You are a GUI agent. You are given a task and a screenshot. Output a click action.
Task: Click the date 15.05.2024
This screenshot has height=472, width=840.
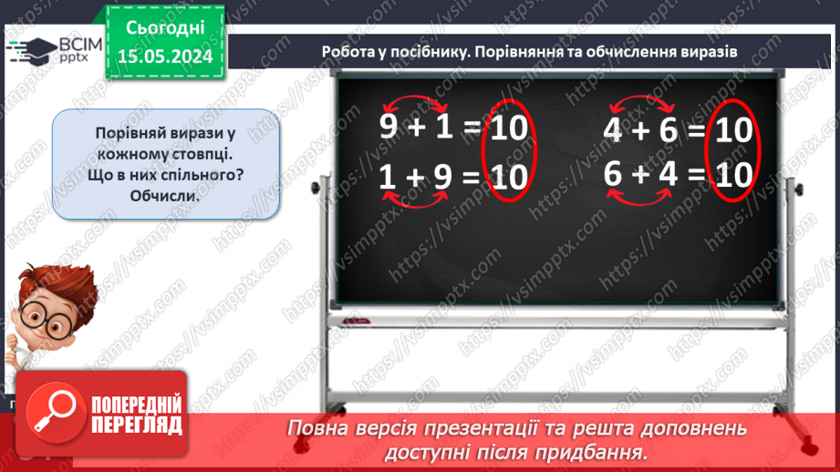point(165,56)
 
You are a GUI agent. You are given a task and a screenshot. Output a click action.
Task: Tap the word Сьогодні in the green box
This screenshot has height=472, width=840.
point(165,26)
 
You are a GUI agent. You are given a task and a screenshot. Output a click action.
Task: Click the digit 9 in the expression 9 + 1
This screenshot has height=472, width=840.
point(389,128)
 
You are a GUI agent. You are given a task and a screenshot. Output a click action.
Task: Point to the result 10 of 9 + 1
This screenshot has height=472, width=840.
point(509,128)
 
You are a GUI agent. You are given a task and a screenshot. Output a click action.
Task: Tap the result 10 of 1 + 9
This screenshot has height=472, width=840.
point(509,177)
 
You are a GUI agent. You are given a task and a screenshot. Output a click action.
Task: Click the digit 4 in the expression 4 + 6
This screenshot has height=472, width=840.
point(613,131)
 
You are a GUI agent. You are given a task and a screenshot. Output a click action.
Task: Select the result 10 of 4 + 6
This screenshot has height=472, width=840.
point(732,131)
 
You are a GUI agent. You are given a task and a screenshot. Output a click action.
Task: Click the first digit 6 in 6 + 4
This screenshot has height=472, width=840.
point(613,173)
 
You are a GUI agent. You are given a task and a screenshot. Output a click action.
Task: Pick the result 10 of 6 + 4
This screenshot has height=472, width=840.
point(732,173)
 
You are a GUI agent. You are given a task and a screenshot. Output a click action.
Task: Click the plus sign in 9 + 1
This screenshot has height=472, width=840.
point(417,128)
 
